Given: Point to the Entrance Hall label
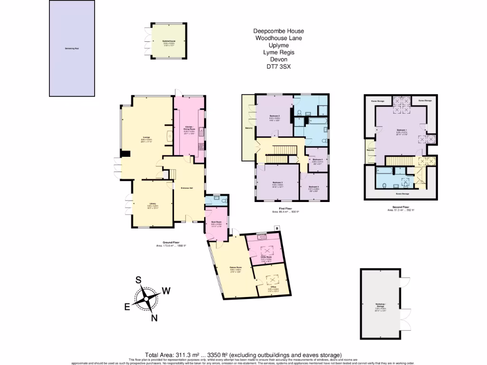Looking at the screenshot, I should coord(187,186).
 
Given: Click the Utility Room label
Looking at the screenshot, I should coord(266,257).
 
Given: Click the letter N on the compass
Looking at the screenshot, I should coord(154,318).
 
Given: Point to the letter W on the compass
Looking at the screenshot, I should coord(167,290).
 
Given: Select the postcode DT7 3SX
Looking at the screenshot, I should coord(278,67).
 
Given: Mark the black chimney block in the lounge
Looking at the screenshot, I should coord(126,153).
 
